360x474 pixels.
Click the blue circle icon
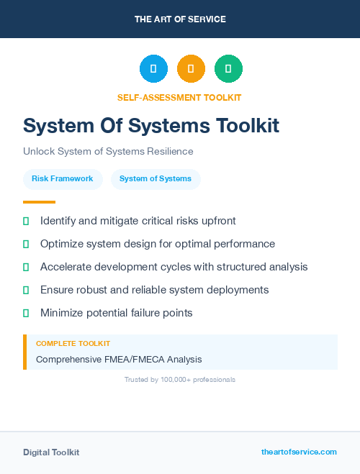click(x=153, y=69)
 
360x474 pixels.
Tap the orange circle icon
click(x=191, y=69)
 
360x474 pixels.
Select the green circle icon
click(x=228, y=69)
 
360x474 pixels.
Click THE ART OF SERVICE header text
click(x=180, y=19)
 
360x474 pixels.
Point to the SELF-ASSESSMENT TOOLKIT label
click(x=179, y=97)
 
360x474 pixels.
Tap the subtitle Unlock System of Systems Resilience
click(x=108, y=152)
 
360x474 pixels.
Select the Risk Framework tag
click(x=63, y=179)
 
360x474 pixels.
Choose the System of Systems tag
click(x=156, y=179)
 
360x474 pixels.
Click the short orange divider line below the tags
click(x=39, y=202)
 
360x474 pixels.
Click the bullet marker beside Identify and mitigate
click(x=26, y=221)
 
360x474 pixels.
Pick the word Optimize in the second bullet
click(x=63, y=244)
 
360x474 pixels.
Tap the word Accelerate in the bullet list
click(x=68, y=267)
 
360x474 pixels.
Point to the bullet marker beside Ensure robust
click(x=26, y=290)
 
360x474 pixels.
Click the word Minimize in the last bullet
click(x=63, y=313)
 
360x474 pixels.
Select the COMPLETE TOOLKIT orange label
click(x=73, y=344)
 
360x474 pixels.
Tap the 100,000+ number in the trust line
click(x=174, y=380)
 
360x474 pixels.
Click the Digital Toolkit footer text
click(x=51, y=452)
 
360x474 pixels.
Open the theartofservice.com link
click(x=299, y=452)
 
